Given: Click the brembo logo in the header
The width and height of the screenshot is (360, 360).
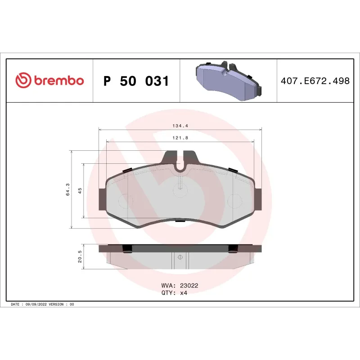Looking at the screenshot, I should [49, 81].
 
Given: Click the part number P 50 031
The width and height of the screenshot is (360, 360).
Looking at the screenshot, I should [136, 81].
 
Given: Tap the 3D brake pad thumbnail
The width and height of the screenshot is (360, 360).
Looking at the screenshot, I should [229, 80].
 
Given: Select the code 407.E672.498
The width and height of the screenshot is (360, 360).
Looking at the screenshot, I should [315, 81].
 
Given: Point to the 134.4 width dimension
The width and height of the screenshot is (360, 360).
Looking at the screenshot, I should [180, 126].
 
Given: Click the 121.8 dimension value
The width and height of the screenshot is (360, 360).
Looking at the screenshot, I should [180, 138].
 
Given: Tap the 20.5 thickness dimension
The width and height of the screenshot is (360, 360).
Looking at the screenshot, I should [80, 257].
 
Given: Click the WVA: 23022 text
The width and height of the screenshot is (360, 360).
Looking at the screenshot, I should [180, 285].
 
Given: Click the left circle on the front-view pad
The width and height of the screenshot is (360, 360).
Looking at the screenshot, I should [123, 200].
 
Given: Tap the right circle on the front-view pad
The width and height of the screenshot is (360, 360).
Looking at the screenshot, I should [234, 200].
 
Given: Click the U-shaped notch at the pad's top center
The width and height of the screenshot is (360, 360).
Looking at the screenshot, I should [180, 168].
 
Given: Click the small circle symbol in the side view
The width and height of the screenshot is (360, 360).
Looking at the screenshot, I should [180, 257].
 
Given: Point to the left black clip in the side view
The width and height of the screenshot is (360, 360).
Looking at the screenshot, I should [127, 248].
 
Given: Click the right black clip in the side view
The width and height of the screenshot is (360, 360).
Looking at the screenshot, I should [233, 248].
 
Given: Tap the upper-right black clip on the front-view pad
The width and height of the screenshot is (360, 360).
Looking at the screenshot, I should [232, 170].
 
